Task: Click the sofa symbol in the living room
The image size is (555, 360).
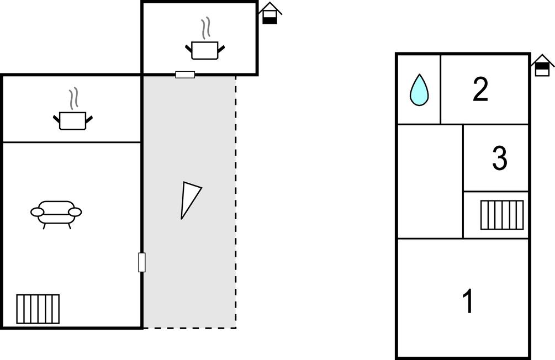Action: pyautogui.click(x=56, y=215)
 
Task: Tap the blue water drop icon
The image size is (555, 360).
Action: pyautogui.click(x=419, y=90)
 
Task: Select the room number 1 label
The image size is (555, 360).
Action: pyautogui.click(x=468, y=301)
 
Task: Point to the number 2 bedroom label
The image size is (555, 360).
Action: pyautogui.click(x=480, y=89)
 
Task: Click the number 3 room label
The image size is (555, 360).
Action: pyautogui.click(x=499, y=158)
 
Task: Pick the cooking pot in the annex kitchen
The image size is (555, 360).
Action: pyautogui.click(x=205, y=50)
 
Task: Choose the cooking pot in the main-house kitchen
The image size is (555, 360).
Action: pyautogui.click(x=73, y=121)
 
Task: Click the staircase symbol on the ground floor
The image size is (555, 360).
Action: pyautogui.click(x=38, y=309)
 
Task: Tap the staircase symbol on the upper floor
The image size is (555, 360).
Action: pyautogui.click(x=502, y=215)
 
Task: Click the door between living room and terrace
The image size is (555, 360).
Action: pyautogui.click(x=141, y=262)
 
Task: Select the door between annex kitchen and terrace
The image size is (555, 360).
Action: pyautogui.click(x=185, y=75)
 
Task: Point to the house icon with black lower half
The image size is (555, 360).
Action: pyautogui.click(x=269, y=13)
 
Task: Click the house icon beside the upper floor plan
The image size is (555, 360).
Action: pyautogui.click(x=542, y=65)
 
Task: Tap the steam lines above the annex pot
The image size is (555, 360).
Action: pyautogui.click(x=205, y=29)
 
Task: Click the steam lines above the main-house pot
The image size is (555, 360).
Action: pyautogui.click(x=73, y=98)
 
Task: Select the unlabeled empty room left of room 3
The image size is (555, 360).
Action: pyautogui.click(x=430, y=181)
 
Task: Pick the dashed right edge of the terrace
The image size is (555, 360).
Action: pyautogui.click(x=235, y=202)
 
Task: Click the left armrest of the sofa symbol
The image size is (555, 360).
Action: pyautogui.click(x=37, y=212)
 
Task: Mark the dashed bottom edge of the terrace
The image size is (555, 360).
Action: pyautogui.click(x=189, y=328)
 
